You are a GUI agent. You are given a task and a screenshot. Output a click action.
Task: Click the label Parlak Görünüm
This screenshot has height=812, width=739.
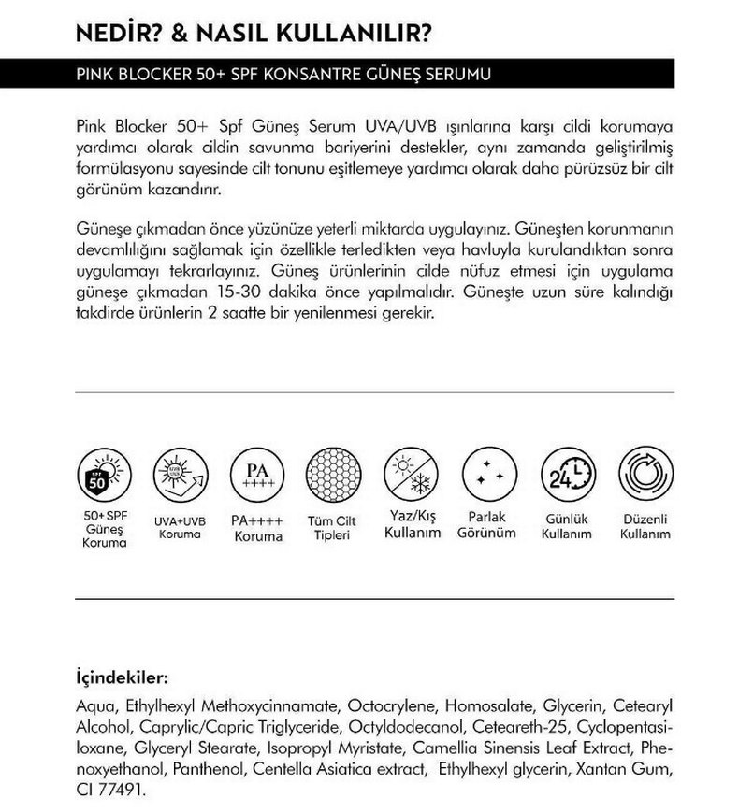tap(487, 524)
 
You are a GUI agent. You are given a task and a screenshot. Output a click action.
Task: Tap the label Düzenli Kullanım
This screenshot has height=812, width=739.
tap(645, 524)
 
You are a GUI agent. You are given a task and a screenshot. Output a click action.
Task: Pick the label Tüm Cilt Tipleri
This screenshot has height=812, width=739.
tap(334, 528)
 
